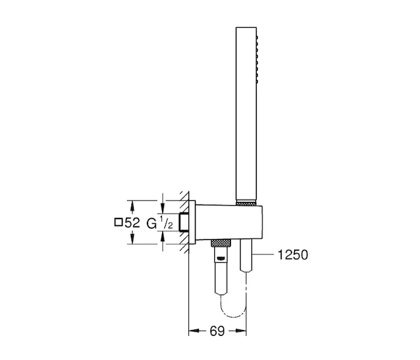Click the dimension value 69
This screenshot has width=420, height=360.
[x=217, y=331]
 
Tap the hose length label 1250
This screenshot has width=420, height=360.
[x=293, y=255]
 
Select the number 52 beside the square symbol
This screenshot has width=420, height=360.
[x=133, y=223]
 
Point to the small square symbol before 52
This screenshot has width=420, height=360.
[x=118, y=223]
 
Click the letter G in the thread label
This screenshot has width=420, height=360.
[x=152, y=223]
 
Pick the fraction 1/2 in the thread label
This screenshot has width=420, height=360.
[x=166, y=223]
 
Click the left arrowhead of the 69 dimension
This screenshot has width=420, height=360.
[x=194, y=331]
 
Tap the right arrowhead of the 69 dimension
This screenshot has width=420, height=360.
[x=241, y=331]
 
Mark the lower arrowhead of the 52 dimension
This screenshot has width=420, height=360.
[x=132, y=239]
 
